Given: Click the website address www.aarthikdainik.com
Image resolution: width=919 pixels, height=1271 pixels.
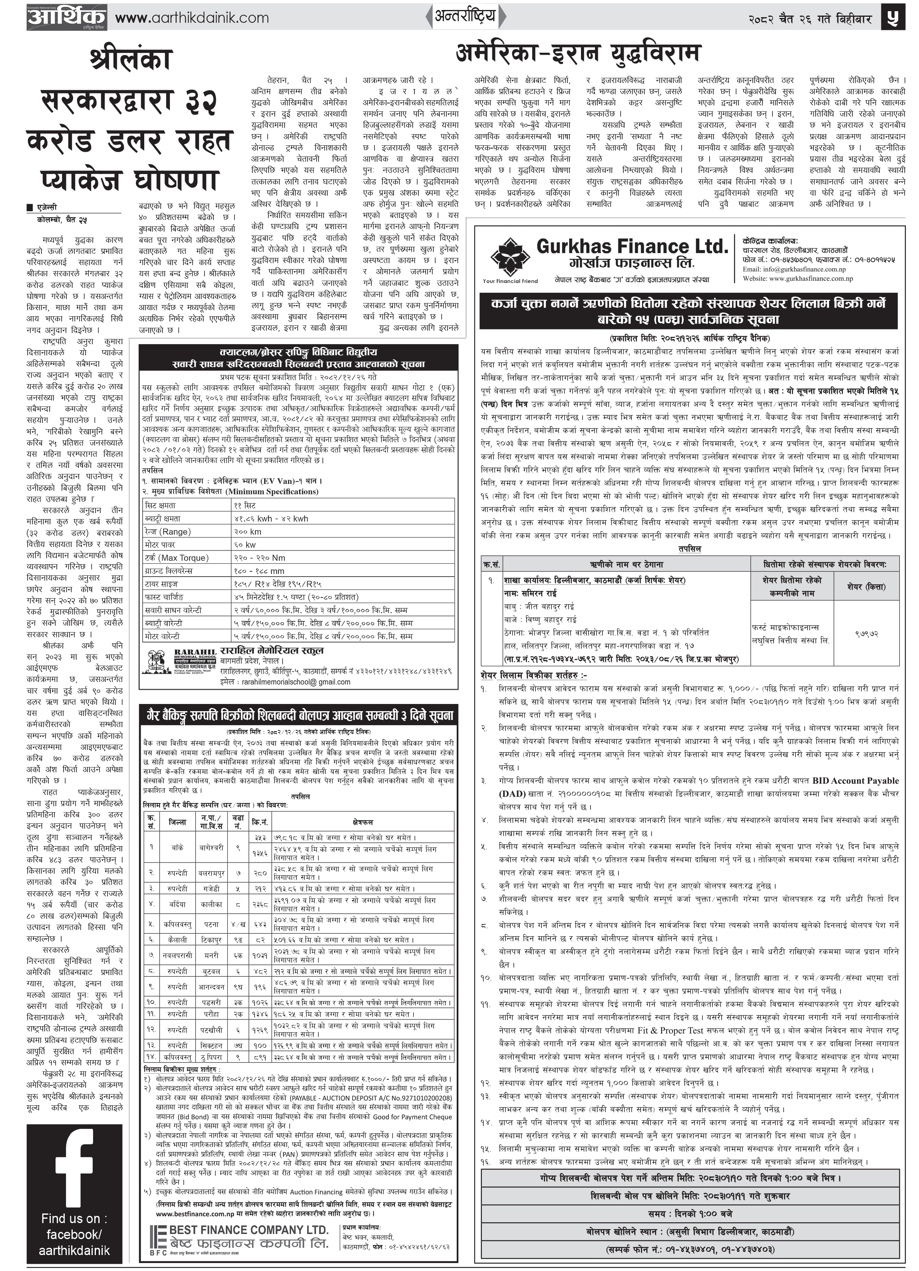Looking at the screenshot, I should pos(192,18).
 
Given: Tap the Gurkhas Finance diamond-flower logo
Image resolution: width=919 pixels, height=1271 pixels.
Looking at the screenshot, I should pos(510,256).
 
